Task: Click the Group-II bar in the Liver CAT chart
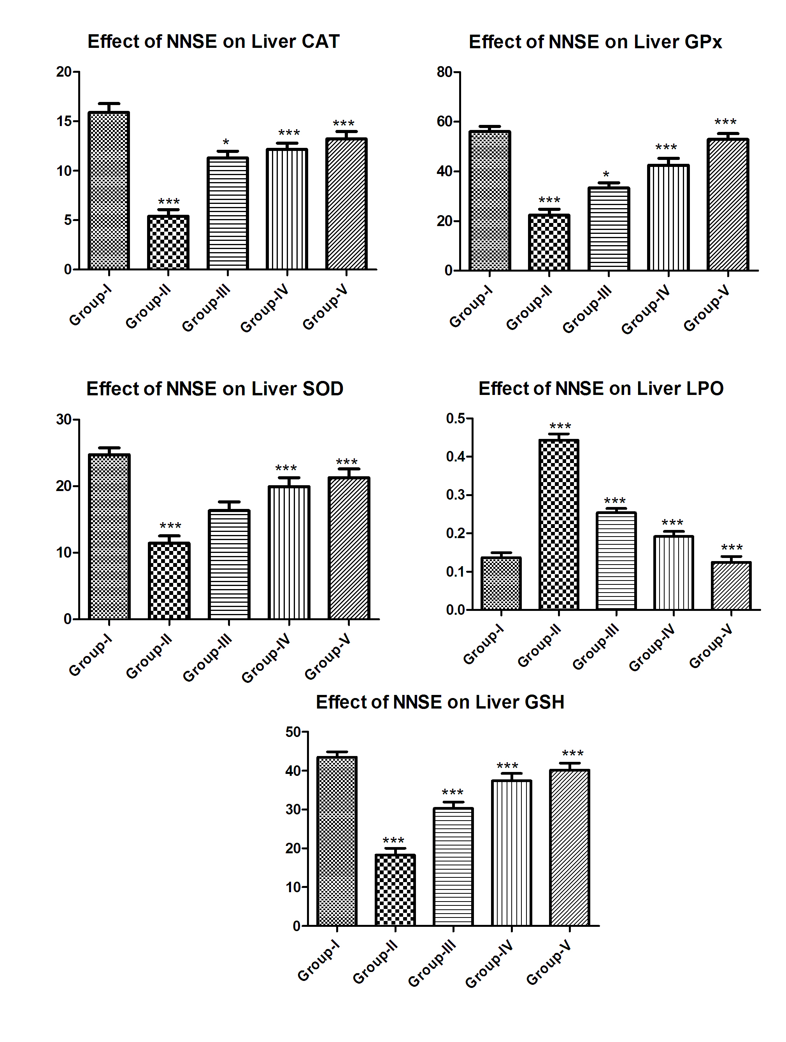click(168, 242)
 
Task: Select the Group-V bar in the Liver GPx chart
click(728, 205)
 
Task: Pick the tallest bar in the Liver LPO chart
click(558, 525)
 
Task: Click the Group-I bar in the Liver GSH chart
click(337, 841)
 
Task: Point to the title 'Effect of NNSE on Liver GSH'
click(440, 702)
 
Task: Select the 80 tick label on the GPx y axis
click(444, 72)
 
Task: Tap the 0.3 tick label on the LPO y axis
click(455, 495)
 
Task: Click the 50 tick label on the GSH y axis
click(293, 732)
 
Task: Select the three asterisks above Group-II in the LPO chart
click(560, 427)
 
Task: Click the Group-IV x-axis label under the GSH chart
click(489, 963)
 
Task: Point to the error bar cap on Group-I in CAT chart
click(109, 103)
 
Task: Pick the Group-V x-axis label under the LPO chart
click(711, 646)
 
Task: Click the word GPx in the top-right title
click(703, 42)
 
